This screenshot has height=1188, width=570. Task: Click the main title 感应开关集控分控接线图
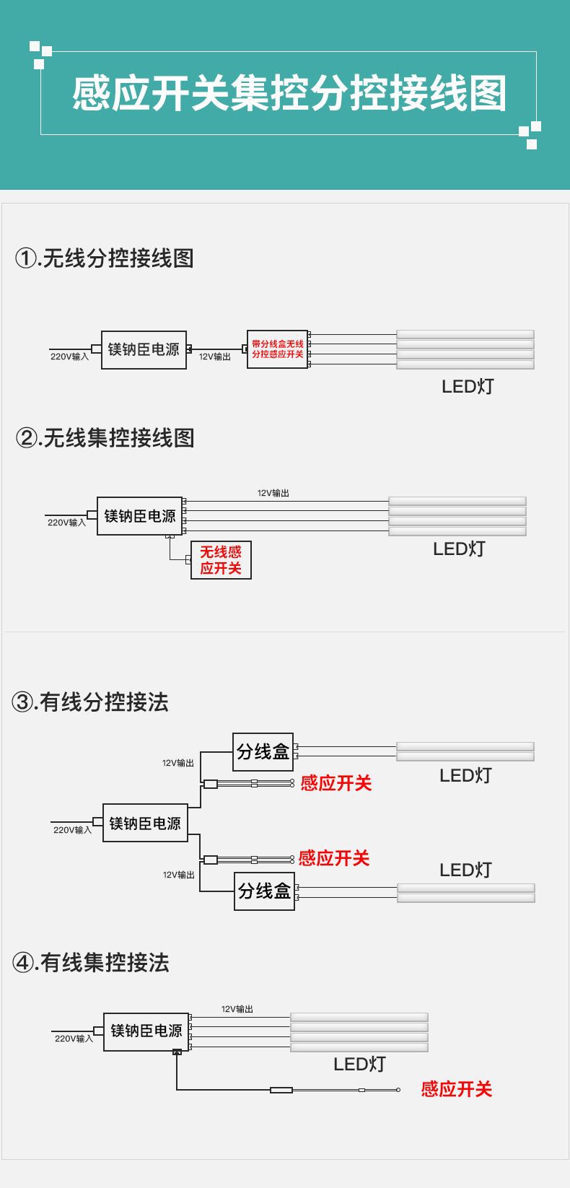[289, 94]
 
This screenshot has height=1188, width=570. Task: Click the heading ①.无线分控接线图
[105, 258]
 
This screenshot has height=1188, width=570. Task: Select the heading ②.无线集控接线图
[105, 437]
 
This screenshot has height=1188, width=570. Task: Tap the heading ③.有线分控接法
[90, 702]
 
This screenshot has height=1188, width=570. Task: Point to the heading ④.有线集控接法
[91, 962]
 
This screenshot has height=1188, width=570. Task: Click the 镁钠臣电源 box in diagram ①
[144, 350]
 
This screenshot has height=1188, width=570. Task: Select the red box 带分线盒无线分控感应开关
[277, 349]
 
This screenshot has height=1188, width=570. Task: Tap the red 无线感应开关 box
[221, 560]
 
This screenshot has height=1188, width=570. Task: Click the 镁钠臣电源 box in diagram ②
[140, 516]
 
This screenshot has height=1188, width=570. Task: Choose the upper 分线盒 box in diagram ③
[263, 752]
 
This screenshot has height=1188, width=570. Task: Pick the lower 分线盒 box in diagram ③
[265, 891]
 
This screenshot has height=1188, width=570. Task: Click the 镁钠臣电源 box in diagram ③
[145, 823]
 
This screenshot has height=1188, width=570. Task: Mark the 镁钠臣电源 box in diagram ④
[146, 1031]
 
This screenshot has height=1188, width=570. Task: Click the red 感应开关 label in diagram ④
[456, 1089]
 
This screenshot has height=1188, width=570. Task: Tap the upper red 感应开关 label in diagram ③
[336, 783]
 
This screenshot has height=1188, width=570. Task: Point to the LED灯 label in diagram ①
[468, 386]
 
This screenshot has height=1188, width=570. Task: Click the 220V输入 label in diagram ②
[66, 523]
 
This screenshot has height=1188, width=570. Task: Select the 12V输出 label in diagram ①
[214, 357]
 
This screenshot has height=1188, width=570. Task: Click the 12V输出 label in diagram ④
[237, 1009]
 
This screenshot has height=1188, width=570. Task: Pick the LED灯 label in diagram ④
[359, 1064]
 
